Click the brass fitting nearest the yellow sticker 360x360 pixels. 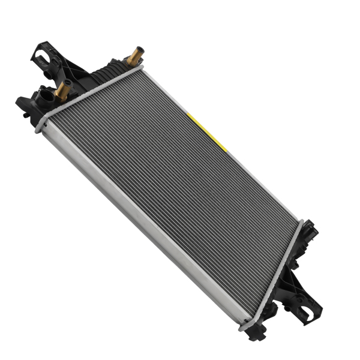(134, 56)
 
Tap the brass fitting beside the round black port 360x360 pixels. (61, 91)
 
